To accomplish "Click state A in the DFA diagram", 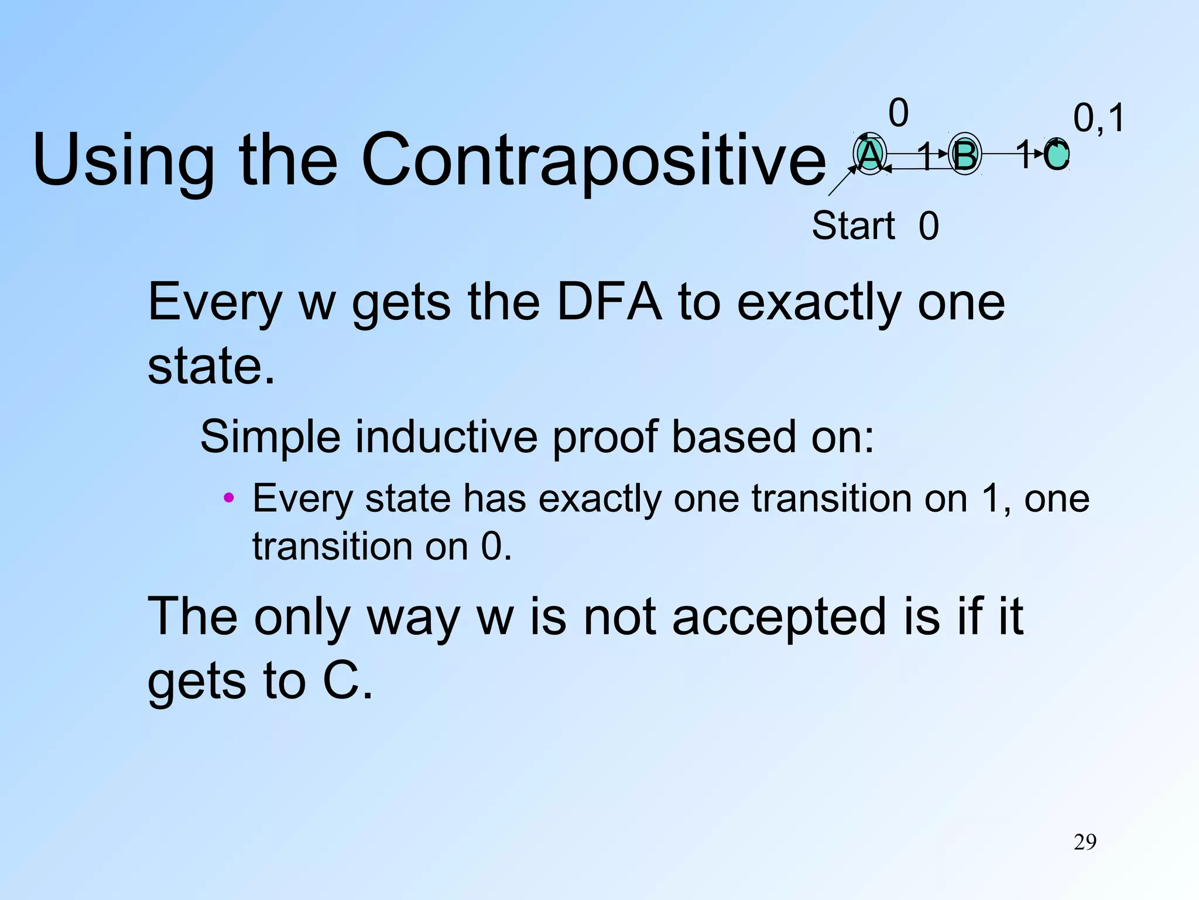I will point(870,155).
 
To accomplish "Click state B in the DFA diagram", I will point(964,155).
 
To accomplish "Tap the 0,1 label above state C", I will point(1098,118).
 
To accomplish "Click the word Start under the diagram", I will point(854,226).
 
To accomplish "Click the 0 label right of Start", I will point(929,226).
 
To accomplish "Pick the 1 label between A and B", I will point(926,155).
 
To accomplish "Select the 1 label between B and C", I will point(1024,154).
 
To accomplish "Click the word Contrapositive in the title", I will point(592,159).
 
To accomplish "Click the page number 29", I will point(1085,842).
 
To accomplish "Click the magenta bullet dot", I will point(229,499).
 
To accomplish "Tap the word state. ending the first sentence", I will point(211,366).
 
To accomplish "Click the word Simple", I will point(270,437).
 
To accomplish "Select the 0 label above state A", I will point(898,112).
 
